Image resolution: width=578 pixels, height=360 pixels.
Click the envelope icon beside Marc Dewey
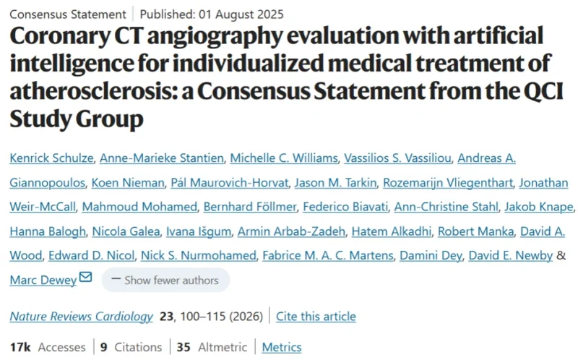[85, 278]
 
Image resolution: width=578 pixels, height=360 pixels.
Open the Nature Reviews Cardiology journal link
[81, 316]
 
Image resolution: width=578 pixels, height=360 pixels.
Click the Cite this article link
[316, 316]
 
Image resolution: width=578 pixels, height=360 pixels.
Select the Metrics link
[282, 347]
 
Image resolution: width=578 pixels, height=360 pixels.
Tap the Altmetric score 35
[183, 347]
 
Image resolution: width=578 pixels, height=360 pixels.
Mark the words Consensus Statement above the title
[67, 14]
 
